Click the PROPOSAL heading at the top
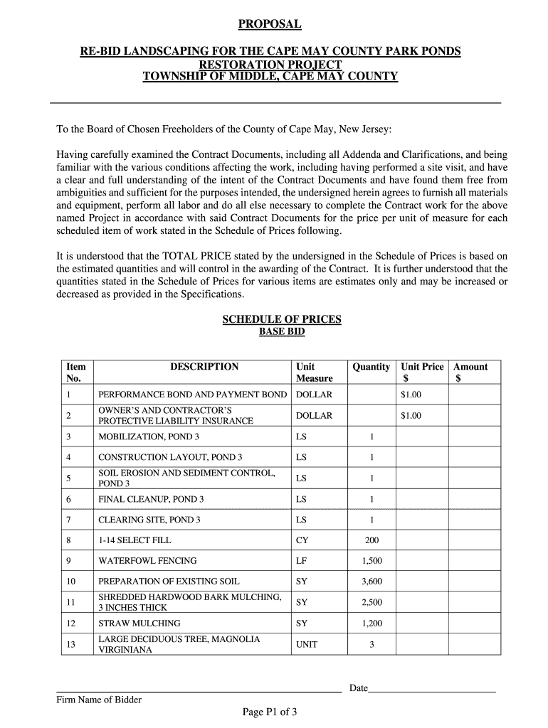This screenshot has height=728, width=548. click(x=270, y=25)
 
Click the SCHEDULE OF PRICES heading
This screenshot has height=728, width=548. click(x=281, y=319)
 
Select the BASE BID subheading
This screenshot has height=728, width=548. click(x=281, y=331)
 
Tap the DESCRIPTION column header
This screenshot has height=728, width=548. click(x=204, y=367)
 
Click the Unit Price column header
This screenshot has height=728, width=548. click(x=422, y=367)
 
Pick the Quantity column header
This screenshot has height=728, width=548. click(x=371, y=367)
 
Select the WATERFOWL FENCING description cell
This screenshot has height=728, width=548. click(x=147, y=561)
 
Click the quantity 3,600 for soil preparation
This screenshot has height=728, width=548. click(x=372, y=582)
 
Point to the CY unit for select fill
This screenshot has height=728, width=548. click(x=302, y=540)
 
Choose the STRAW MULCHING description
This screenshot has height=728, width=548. click(x=139, y=623)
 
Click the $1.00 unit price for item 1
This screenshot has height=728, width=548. click(x=411, y=395)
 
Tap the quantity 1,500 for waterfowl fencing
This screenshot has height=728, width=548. click(x=372, y=561)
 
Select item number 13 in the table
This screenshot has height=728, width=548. click(x=70, y=644)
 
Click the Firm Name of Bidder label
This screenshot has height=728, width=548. click(x=99, y=700)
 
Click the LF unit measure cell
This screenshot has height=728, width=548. click(x=302, y=561)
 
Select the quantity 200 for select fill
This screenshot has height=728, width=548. click(x=372, y=540)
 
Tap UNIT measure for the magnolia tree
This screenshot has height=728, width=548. click(x=307, y=644)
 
